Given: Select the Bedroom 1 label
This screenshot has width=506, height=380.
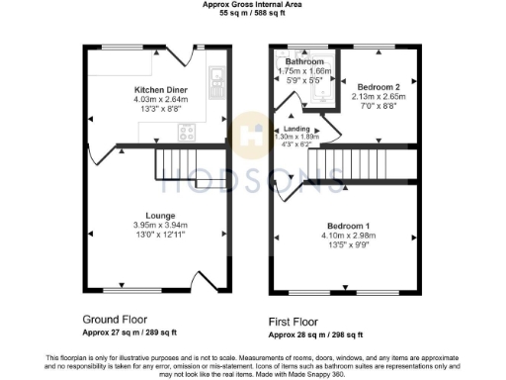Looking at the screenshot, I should (379, 227).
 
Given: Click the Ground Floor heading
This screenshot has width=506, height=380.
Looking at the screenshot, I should (114, 321).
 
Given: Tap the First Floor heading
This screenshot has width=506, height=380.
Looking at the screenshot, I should (298, 323).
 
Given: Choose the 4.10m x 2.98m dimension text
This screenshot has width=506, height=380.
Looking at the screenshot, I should (379, 237).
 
